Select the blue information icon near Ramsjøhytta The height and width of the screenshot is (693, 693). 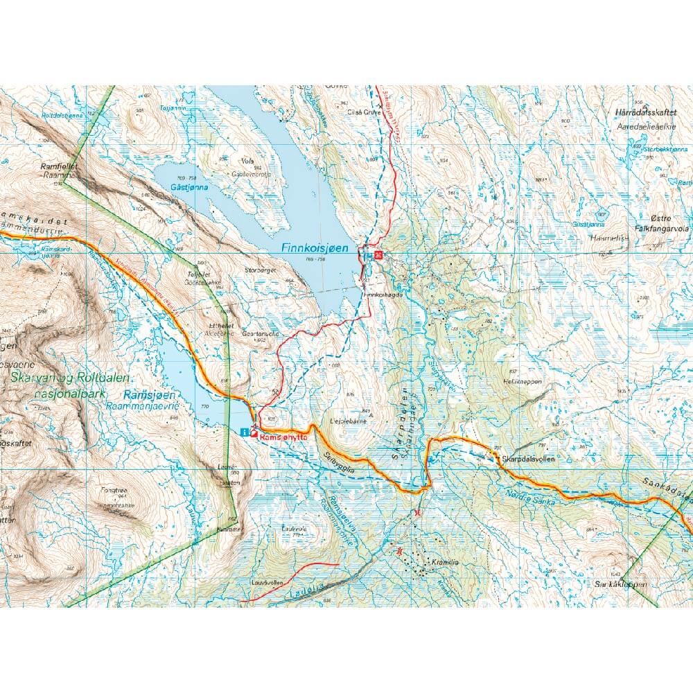(x=243, y=432)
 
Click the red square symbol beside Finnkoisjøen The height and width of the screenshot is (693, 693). (x=378, y=254)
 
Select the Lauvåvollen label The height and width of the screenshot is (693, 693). (x=267, y=584)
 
